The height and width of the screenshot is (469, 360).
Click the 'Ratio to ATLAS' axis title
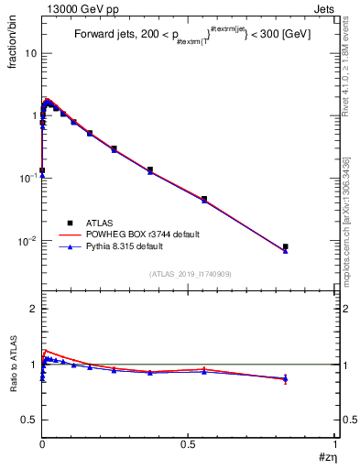coord(14,365)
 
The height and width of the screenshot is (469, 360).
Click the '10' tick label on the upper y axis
coord(28,53)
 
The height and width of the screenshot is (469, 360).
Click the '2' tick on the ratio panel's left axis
coord(32,309)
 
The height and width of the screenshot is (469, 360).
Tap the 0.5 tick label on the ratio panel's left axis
coord(27,420)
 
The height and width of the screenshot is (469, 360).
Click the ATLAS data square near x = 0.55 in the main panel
coord(204,199)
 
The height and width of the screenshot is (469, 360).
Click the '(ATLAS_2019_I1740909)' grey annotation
coord(190,274)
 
